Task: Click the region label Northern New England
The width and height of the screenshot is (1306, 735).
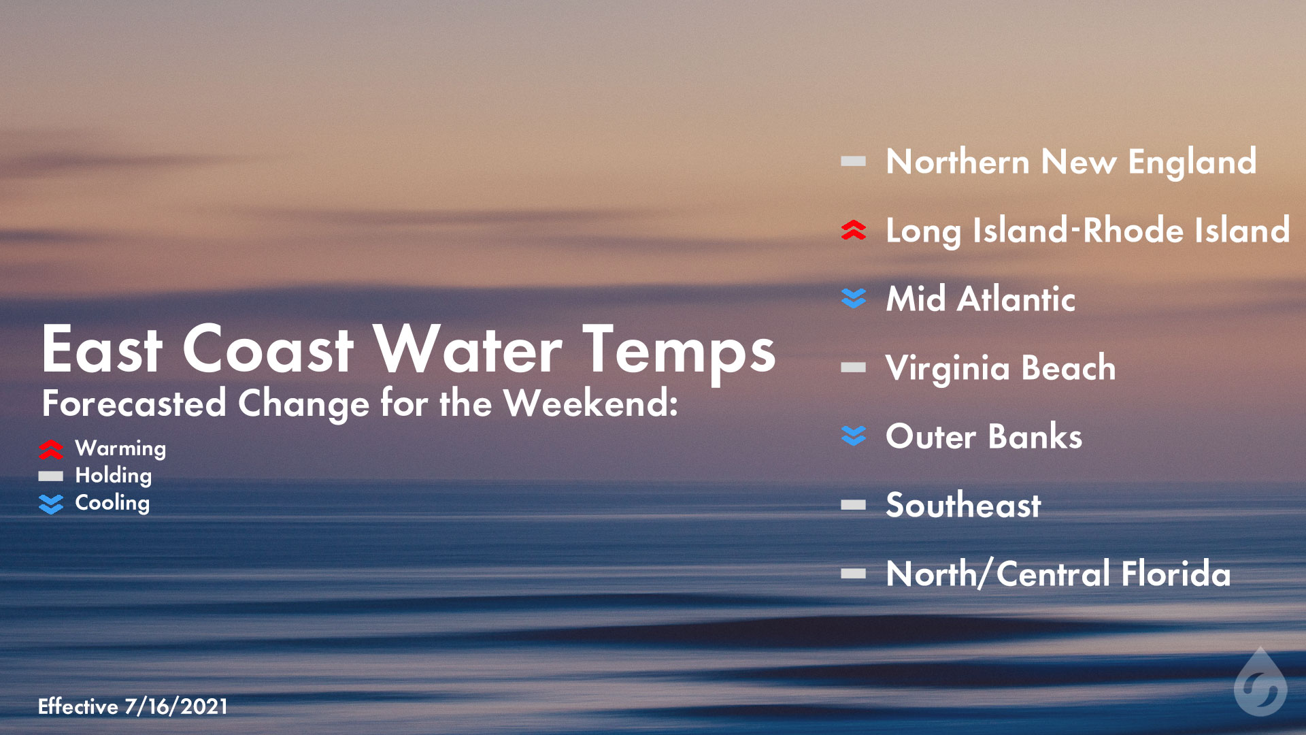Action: click(x=1071, y=162)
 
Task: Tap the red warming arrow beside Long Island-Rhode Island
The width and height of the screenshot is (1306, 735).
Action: click(x=853, y=230)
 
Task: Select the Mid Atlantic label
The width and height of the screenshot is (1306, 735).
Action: click(x=980, y=299)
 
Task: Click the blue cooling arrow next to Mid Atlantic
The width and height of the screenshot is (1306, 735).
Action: click(x=853, y=298)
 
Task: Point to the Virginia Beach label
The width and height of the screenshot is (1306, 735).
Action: click(x=1000, y=368)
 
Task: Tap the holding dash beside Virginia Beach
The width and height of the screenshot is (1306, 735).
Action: click(x=853, y=368)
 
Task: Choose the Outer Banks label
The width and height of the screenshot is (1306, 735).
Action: click(x=984, y=436)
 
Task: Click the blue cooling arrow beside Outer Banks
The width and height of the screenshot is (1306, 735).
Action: click(x=853, y=436)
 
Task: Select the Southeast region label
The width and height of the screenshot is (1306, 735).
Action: click(x=963, y=505)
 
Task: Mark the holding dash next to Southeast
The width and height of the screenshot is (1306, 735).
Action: click(x=853, y=505)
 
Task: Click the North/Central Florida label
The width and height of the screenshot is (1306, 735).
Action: click(x=1058, y=574)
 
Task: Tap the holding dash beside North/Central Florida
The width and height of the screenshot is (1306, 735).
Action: click(x=853, y=574)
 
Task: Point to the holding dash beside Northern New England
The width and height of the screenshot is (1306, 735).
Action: click(x=853, y=162)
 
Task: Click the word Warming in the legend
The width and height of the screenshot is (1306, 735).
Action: click(x=120, y=448)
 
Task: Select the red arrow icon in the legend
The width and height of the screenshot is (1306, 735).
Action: click(x=51, y=449)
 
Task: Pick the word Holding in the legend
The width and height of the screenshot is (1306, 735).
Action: click(x=113, y=476)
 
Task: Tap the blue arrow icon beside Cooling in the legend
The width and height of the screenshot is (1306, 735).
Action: click(x=51, y=504)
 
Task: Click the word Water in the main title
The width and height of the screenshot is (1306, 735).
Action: click(x=467, y=350)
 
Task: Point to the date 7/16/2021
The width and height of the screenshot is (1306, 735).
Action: click(x=175, y=706)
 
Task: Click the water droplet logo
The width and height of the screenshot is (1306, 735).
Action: click(x=1260, y=683)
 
